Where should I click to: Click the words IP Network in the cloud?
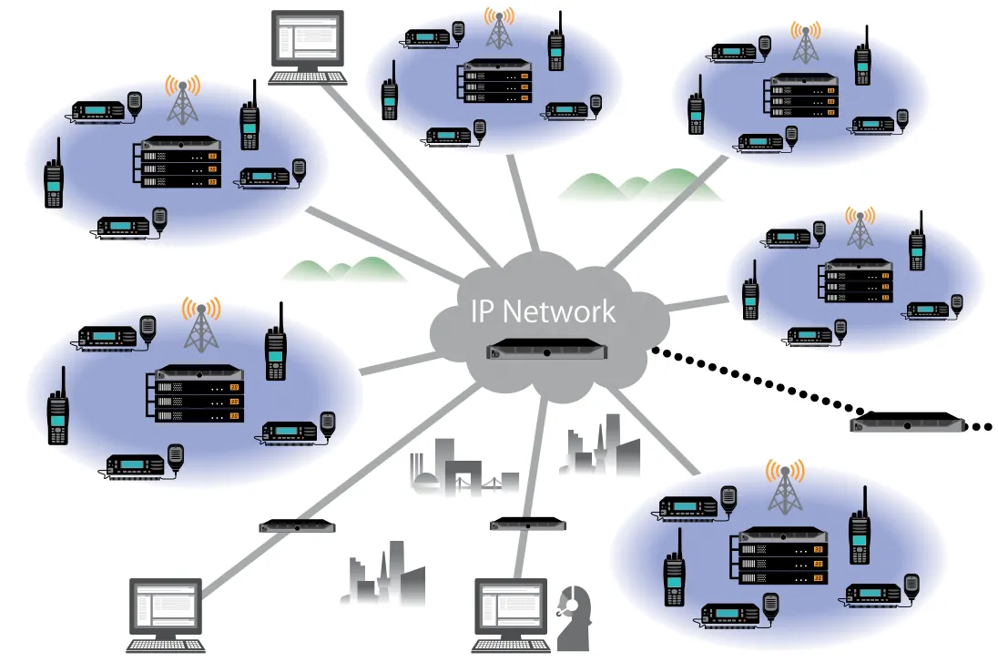click(x=543, y=311)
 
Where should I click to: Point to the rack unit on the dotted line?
click(x=908, y=422)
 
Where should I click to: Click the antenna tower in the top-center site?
click(x=497, y=30)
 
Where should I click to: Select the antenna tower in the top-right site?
click(x=803, y=42)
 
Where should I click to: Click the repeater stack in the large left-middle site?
click(x=198, y=393)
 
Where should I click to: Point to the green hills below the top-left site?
click(x=344, y=268)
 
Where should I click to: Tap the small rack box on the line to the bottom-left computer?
click(x=297, y=525)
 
